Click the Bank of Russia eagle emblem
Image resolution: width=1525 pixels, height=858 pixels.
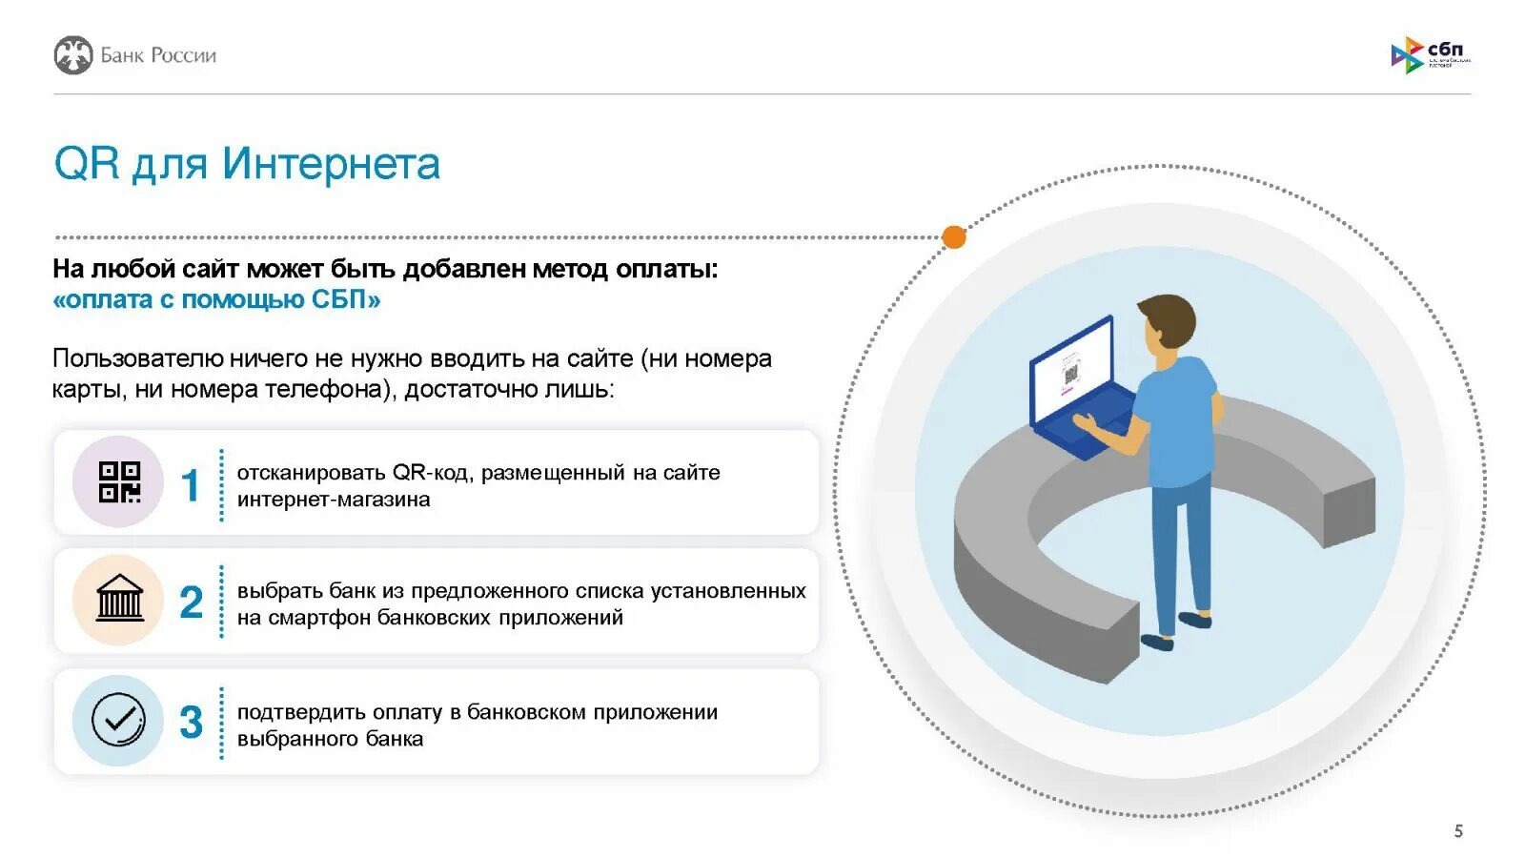73,55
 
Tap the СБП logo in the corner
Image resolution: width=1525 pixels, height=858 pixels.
1430,55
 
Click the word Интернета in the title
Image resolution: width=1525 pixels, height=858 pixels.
331,164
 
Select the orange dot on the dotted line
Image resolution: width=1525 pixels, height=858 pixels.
953,237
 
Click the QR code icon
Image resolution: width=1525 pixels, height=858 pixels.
119,482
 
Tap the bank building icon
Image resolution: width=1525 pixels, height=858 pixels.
119,600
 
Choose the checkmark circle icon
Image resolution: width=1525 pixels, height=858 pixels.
119,720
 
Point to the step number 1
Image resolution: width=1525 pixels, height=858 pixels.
191,484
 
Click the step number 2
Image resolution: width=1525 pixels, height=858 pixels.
191,603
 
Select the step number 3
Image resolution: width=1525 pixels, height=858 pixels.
191,722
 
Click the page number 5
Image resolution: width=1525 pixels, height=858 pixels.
1458,831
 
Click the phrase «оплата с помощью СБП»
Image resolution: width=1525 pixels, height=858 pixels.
217,299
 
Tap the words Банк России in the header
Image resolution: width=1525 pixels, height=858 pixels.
158,55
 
